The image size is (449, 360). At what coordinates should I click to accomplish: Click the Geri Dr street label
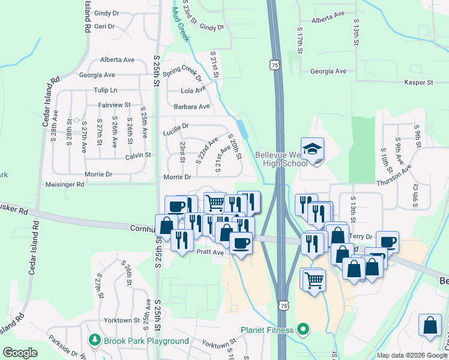[x=104, y=26]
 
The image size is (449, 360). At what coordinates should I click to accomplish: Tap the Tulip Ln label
[x=105, y=90]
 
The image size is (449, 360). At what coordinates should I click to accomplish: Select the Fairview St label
[x=115, y=105]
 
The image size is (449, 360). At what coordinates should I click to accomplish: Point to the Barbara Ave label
[x=191, y=107]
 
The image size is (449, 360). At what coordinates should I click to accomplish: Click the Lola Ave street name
[x=194, y=91]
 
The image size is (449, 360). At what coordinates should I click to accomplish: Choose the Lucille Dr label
[x=176, y=127]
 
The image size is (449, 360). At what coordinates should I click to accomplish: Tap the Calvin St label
[x=138, y=155]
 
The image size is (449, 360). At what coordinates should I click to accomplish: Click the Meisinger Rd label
[x=65, y=185]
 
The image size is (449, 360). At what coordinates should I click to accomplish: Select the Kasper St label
[x=419, y=82]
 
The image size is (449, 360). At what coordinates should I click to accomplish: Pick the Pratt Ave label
[x=210, y=253]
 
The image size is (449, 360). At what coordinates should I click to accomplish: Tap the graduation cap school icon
[x=312, y=148]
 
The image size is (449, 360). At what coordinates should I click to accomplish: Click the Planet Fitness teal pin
[x=303, y=329]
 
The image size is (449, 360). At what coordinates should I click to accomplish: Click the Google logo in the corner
[x=20, y=353]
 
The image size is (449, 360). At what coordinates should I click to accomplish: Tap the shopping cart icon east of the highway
[x=313, y=278]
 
